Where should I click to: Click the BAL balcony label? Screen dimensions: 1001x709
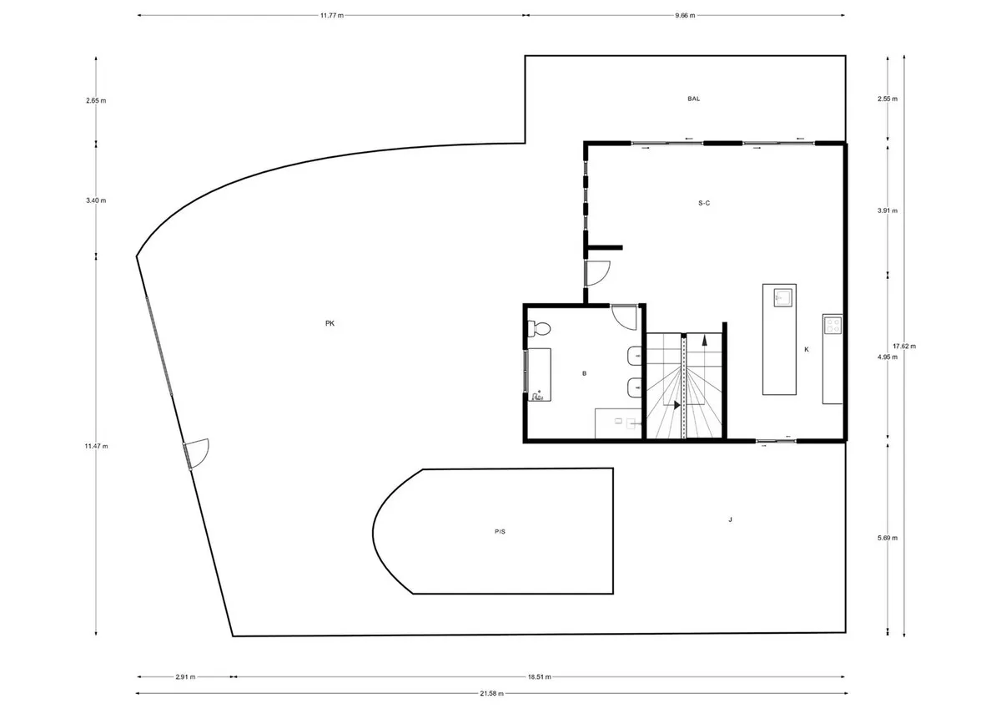click(693, 99)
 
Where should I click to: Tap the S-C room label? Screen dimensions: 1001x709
click(704, 203)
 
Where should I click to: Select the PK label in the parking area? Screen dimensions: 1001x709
click(329, 323)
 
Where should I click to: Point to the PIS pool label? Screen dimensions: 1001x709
click(500, 531)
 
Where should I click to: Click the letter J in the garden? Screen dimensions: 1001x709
click(730, 519)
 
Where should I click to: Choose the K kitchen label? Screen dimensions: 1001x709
click(807, 349)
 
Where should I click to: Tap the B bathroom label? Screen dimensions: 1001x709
click(584, 373)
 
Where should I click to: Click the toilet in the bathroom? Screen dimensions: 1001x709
click(539, 329)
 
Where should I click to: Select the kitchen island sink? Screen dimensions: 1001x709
click(782, 297)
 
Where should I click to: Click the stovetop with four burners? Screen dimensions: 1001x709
click(832, 325)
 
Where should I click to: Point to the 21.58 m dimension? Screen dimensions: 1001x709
click(491, 694)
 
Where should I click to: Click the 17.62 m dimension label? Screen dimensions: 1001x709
click(904, 347)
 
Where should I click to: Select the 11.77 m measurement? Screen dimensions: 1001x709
click(332, 16)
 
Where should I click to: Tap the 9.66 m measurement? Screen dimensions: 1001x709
click(685, 16)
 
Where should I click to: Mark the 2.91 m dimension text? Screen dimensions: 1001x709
click(185, 676)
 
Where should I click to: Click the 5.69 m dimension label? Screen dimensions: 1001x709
click(887, 538)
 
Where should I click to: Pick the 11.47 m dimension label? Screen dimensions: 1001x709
click(96, 446)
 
